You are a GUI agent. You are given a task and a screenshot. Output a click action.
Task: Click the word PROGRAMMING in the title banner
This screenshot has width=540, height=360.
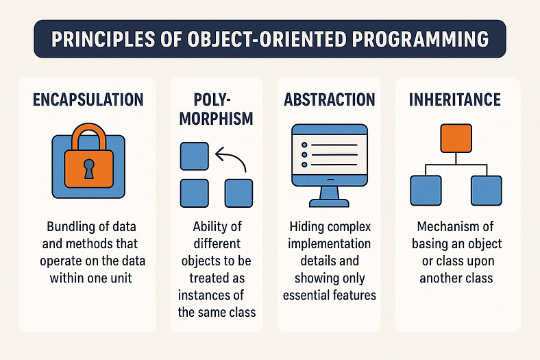coord(420,38)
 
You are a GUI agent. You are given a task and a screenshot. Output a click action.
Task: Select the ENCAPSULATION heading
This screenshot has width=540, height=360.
coord(88,99)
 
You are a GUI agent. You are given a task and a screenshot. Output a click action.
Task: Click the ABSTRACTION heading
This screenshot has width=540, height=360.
coord(329,99)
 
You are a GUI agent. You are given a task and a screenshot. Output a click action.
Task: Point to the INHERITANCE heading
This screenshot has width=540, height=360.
coord(455,99)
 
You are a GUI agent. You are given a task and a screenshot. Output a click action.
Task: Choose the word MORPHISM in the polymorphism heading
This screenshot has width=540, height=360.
coord(217,119)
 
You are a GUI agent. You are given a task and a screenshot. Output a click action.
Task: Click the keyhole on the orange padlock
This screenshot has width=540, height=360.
coord(89,169)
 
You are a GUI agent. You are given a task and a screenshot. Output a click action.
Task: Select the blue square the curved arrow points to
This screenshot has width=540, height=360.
coord(195,156)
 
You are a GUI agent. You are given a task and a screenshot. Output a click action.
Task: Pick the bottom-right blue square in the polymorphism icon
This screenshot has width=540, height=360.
coord(238,193)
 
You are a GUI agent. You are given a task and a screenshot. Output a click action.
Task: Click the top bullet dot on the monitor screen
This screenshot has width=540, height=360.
coord(304,145)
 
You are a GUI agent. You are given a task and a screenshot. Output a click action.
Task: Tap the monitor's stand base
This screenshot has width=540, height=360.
coord(329,203)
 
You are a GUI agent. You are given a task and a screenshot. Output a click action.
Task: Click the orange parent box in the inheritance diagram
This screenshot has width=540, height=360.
coord(456,138)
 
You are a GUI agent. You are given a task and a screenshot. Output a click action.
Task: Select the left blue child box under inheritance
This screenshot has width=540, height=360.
coord(426,191)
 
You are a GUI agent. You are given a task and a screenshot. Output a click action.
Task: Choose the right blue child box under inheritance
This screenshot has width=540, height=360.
coord(487,191)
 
